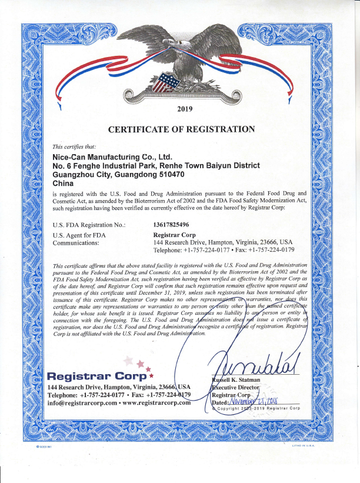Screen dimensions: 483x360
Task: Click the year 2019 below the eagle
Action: pyautogui.click(x=185, y=108)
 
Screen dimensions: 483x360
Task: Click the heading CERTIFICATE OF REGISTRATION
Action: pyautogui.click(x=182, y=129)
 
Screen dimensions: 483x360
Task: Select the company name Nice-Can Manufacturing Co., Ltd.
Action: pyautogui.click(x=112, y=157)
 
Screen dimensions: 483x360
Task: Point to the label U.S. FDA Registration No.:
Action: pyautogui.click(x=89, y=224)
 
